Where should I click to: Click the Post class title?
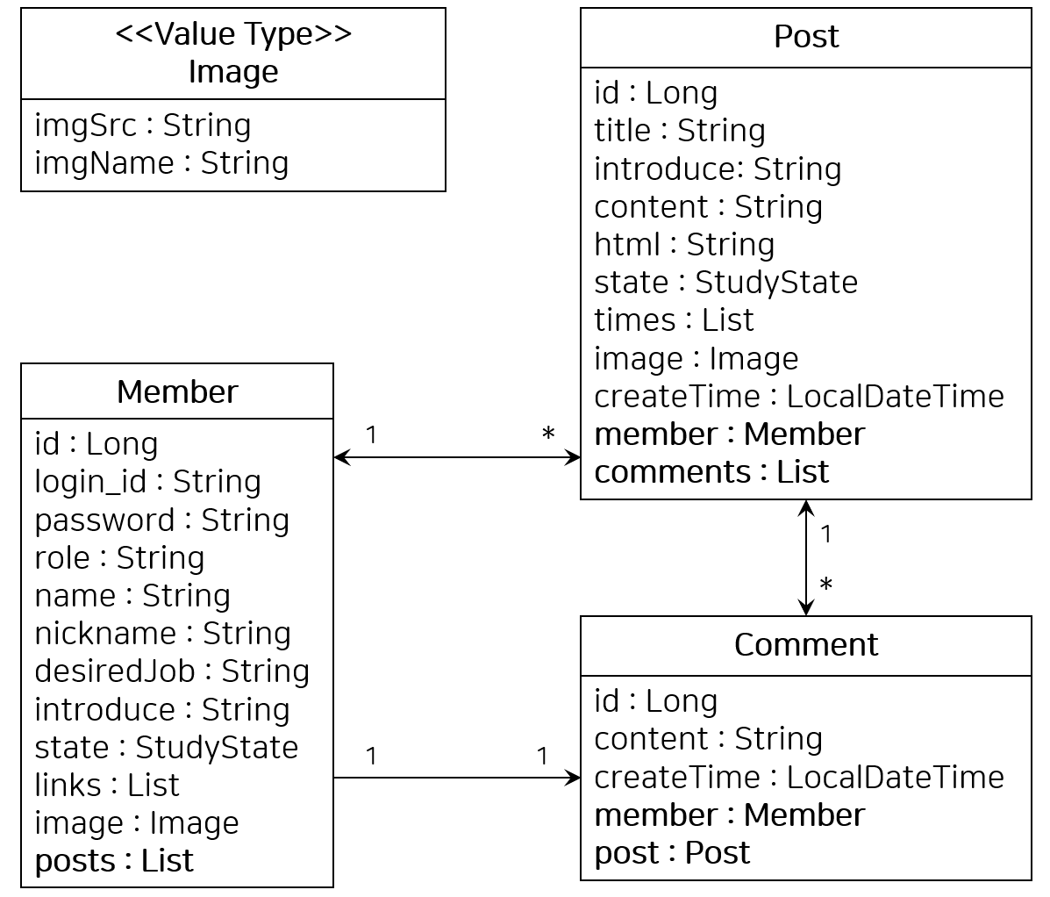coord(806,36)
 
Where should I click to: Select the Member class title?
coord(177,392)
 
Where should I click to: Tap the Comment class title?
coord(806,644)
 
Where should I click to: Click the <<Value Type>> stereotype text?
coord(233,33)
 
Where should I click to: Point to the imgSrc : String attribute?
coord(143,126)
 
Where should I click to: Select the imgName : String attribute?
coord(161,162)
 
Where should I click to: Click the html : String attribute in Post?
coord(684,245)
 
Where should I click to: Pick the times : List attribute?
coord(675,320)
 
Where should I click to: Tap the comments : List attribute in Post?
coord(711,471)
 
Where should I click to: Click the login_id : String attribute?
coord(148,482)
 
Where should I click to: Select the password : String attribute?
coord(162,520)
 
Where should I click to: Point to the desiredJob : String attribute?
coord(172,671)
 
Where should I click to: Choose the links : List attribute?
coord(107,786)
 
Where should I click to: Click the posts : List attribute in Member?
coord(114,861)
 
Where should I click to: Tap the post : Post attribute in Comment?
coord(672,853)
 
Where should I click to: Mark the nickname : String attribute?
coord(163,634)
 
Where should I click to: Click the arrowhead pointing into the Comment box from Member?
coord(574,778)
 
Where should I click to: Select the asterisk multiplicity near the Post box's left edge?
coord(548,434)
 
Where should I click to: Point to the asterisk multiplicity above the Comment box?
coord(826,585)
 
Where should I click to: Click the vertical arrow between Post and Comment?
coord(806,557)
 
